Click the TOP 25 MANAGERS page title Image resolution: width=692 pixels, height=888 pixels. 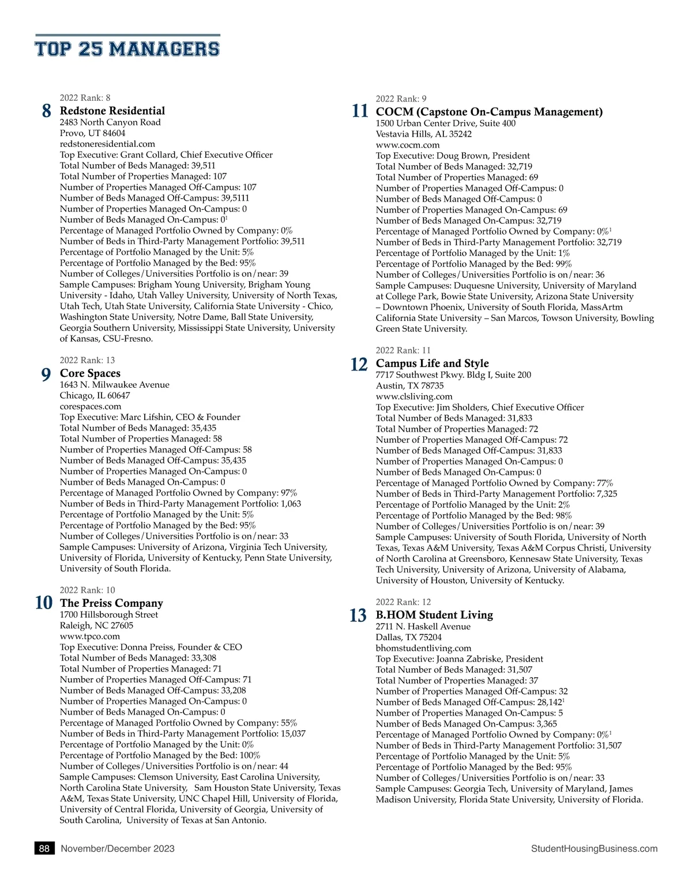tap(127, 48)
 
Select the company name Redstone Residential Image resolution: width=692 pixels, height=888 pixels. tap(112, 111)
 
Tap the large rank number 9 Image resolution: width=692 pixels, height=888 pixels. tap(46, 375)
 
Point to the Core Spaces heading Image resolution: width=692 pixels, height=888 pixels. tap(90, 373)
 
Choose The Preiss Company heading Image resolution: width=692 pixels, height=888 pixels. tap(111, 603)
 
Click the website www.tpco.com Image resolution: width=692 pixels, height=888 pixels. tap(90, 636)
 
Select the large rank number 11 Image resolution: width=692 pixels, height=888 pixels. tap(360, 111)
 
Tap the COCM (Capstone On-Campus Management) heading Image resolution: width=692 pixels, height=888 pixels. tap(489, 112)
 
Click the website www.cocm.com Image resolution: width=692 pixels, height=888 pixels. tap(408, 145)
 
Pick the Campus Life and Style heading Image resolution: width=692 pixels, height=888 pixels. tap(432, 364)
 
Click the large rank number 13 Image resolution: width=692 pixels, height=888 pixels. tap(358, 615)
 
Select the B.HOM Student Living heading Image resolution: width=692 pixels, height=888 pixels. tap(434, 615)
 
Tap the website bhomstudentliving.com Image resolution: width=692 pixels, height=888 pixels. tap(423, 648)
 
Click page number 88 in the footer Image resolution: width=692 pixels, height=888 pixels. tap(44, 848)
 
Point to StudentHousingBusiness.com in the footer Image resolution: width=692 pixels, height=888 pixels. tap(594, 848)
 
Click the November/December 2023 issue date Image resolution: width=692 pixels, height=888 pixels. tap(118, 848)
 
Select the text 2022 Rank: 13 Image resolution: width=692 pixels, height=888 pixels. tap(87, 361)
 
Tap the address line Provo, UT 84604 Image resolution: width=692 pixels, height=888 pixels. tap(92, 133)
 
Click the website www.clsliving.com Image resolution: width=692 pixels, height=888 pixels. tap(414, 396)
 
